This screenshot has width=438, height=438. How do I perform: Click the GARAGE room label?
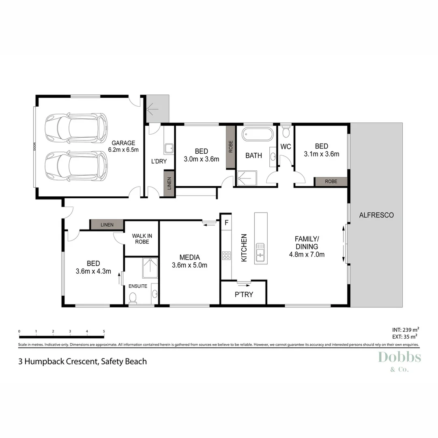point(123,143)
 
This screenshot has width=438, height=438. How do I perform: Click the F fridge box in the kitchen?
point(226,222)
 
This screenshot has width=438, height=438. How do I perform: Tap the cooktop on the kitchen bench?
point(226,255)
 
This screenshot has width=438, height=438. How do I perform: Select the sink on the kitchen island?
point(261,251)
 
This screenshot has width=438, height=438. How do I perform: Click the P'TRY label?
point(244,294)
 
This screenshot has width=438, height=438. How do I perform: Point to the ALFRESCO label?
point(376,215)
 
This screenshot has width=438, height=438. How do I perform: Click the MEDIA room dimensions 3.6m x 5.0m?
point(190,266)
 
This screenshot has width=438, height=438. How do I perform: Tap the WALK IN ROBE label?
point(140,238)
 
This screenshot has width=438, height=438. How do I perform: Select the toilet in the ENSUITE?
point(132,298)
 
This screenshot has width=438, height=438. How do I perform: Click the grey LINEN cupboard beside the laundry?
point(169,183)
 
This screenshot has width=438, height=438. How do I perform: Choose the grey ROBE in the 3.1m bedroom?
point(331,182)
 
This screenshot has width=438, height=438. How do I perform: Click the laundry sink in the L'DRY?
point(169,148)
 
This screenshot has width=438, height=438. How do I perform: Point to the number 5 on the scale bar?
point(104,331)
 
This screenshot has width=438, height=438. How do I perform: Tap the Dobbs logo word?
point(399,358)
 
